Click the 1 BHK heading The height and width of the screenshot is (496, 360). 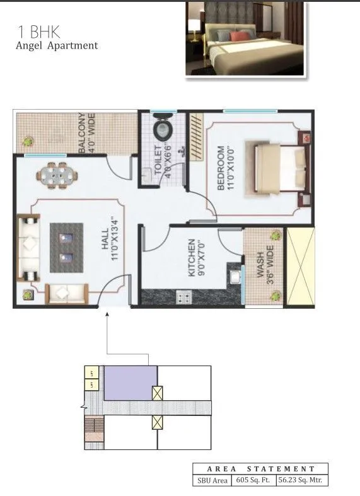(x=37, y=32)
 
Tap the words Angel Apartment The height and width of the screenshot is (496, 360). (x=57, y=45)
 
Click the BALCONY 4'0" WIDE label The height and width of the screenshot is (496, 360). (x=86, y=133)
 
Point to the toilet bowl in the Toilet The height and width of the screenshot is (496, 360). (x=163, y=130)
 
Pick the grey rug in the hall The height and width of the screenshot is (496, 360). (x=66, y=248)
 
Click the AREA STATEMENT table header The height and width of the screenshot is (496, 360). (x=260, y=469)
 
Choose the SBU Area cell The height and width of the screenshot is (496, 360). (x=212, y=480)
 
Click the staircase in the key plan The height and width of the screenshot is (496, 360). (x=93, y=432)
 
